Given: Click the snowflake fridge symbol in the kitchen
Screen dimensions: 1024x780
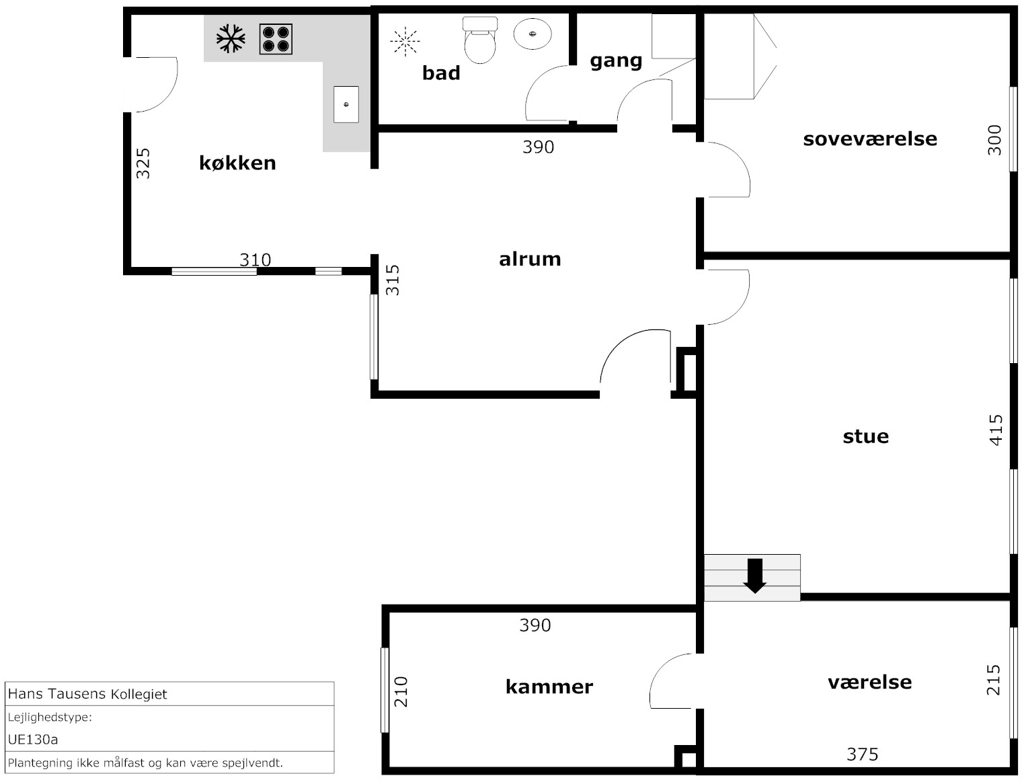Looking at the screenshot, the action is [x=231, y=38].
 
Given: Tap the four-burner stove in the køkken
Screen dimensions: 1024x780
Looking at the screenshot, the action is [x=276, y=39].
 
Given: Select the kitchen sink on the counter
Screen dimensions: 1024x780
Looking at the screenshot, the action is [x=346, y=104].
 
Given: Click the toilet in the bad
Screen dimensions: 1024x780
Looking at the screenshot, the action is [x=480, y=40].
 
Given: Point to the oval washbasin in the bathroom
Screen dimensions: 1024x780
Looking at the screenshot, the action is [x=533, y=34].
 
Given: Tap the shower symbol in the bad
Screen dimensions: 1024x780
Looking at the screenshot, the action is [x=405, y=42].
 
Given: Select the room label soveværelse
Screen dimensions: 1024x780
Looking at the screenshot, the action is [x=870, y=139].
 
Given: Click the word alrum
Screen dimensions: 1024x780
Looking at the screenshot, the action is [x=530, y=259].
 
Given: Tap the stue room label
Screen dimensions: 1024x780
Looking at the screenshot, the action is [x=866, y=436].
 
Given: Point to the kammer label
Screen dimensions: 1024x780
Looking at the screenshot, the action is [x=549, y=687].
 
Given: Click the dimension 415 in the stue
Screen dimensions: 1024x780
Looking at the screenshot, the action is [x=996, y=430].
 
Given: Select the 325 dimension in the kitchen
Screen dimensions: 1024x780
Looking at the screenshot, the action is [x=143, y=163].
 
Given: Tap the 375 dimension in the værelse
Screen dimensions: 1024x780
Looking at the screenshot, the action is [x=863, y=754].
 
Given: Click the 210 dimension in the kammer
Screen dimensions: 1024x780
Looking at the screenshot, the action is [x=401, y=692].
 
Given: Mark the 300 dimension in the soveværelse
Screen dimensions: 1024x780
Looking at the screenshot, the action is [x=994, y=141].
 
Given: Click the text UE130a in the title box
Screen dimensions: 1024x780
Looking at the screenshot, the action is [x=33, y=740].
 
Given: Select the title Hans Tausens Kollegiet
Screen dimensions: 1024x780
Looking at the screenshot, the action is [x=87, y=694].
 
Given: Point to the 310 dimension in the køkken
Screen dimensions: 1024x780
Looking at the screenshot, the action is [x=255, y=260].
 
